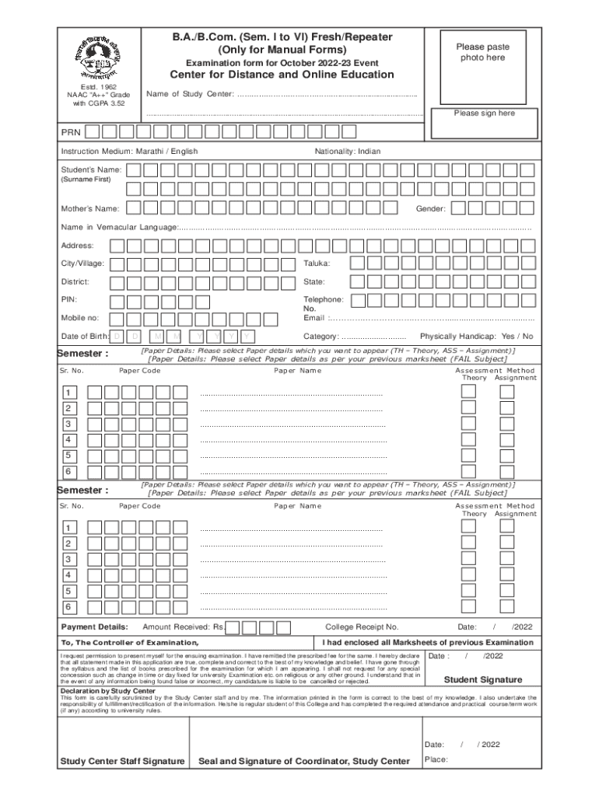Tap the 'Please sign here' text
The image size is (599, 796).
point(483,113)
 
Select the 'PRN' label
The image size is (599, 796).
point(72,132)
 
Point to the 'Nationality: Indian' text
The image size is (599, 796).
point(348,151)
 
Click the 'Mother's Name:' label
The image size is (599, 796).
point(90,208)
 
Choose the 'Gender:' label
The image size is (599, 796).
point(430,208)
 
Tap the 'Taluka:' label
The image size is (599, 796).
point(317,264)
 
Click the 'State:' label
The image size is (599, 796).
point(314,281)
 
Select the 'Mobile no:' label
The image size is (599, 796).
point(80,318)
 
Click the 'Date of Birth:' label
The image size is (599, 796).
point(85,336)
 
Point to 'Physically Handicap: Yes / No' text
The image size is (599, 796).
point(476,336)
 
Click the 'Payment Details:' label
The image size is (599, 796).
point(94,627)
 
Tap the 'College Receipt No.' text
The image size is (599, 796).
point(362,627)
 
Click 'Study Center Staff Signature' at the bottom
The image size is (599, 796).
point(122,760)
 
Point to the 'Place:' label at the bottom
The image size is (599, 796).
point(436,759)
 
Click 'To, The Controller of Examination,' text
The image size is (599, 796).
point(129,643)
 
